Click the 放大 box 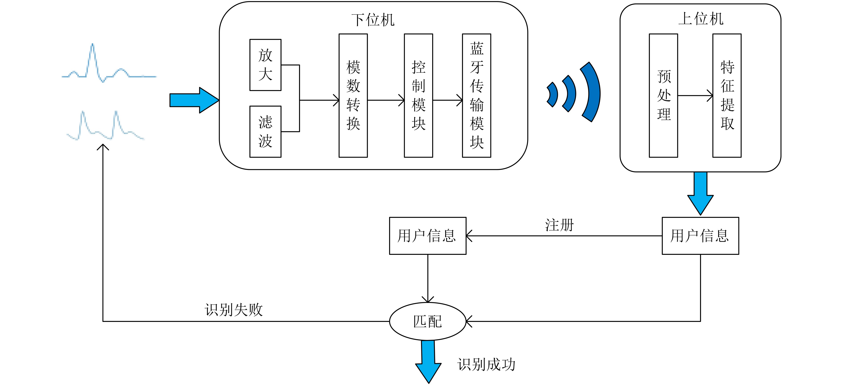click(265, 65)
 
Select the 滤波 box click(265, 132)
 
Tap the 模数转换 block click(353, 95)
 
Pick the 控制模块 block click(418, 95)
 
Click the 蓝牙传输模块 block click(477, 95)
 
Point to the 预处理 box click(663, 95)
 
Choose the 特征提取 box click(727, 95)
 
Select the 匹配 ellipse click(427, 321)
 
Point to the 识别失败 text click(234, 309)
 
